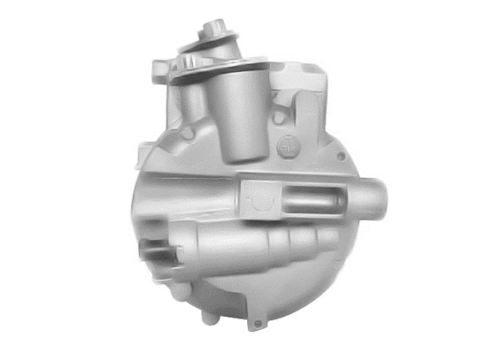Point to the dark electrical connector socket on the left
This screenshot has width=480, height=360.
(157, 252)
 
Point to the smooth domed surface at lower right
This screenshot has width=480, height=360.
(330, 271)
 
